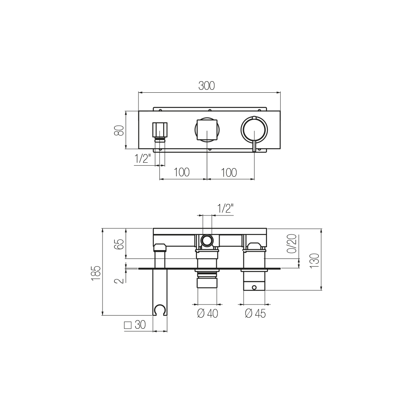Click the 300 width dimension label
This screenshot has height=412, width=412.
(x=206, y=86)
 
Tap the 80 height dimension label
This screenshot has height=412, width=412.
(x=119, y=130)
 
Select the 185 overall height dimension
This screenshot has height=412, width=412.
(x=96, y=273)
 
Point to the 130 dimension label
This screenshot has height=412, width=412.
(x=314, y=261)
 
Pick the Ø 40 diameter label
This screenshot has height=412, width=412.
(x=208, y=314)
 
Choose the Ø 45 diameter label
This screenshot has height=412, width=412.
(x=255, y=314)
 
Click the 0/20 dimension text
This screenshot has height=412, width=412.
(x=292, y=243)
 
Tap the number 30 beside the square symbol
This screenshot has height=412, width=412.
(x=140, y=325)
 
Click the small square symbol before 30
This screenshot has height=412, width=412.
(x=128, y=325)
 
